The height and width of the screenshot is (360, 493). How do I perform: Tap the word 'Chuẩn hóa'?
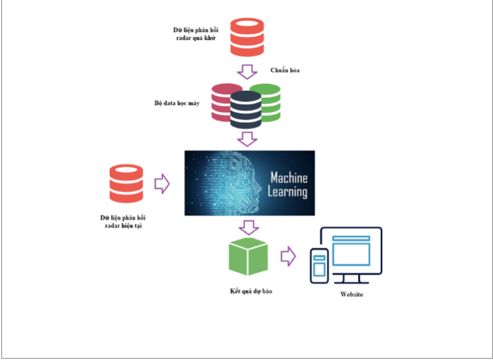coord(285,70)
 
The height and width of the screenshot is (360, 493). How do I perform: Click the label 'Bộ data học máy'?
coord(177,104)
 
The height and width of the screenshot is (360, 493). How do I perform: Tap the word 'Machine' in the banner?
coord(288,178)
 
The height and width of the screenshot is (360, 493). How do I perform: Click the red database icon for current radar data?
coord(127,184)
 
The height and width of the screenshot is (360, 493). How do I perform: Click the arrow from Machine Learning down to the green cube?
coord(249,227)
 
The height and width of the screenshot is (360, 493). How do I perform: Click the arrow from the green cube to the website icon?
coord(288,256)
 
